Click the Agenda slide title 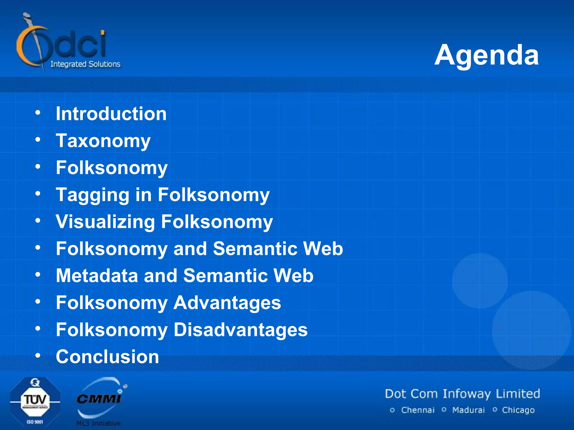click(x=487, y=55)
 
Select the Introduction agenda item click(x=111, y=114)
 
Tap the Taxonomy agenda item click(x=103, y=141)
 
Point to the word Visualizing click(x=105, y=222)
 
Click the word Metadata click(x=97, y=275)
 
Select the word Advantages click(x=227, y=303)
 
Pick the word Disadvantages click(x=240, y=329)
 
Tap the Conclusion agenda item click(x=107, y=357)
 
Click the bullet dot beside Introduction click(x=38, y=113)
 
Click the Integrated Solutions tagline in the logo click(x=85, y=64)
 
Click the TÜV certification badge click(x=35, y=402)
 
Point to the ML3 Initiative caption click(x=98, y=423)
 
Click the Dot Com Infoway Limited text click(x=462, y=394)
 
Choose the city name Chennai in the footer click(x=418, y=410)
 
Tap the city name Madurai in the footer click(x=468, y=410)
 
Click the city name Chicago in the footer click(x=518, y=410)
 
